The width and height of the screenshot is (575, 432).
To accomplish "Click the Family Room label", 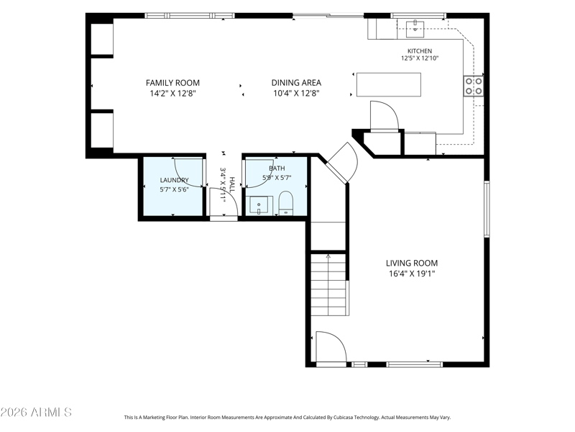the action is coord(172,83).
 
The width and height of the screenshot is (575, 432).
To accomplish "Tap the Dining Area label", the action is coord(296,83).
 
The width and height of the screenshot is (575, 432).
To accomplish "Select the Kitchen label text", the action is coord(420,51).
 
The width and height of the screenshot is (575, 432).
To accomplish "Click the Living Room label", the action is coord(412,263).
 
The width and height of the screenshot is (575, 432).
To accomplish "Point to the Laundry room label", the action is coord(174,180).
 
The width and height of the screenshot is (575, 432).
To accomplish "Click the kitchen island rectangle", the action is coord(389,84).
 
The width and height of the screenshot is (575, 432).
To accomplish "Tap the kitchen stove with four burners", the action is coord(474,86).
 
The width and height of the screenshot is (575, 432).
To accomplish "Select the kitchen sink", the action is coord(415,30).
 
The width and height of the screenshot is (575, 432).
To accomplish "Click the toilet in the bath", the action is coord(286,203).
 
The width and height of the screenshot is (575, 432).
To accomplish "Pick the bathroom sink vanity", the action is coord(261,205).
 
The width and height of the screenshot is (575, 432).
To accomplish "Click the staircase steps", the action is coord(328,284).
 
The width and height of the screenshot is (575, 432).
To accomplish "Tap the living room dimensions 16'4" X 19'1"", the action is coord(412,274).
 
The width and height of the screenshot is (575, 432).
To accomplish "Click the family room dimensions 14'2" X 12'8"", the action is coord(172,94).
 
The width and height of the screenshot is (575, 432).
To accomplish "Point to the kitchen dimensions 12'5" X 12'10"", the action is coord(420,58).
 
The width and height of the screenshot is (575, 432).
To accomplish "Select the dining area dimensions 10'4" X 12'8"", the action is coord(296,94).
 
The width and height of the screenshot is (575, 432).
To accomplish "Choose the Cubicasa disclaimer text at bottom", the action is coord(287,418).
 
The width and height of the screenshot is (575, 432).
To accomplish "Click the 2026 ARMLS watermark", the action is coord(36,412).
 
